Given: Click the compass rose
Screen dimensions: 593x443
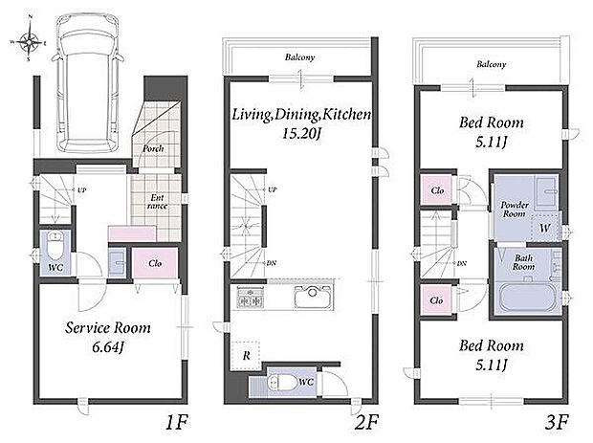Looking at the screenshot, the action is [29, 40].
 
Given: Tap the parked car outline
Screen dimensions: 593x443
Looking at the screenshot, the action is [87, 83].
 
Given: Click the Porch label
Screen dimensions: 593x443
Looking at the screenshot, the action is [154, 148].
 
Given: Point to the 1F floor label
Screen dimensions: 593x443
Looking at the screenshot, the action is [176, 422].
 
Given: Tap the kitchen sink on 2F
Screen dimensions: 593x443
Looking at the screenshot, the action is [314, 296].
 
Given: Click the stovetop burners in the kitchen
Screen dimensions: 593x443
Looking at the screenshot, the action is [250, 297].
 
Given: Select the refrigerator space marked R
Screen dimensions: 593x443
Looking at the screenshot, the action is [246, 356].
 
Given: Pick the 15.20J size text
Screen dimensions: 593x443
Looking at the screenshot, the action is [301, 134].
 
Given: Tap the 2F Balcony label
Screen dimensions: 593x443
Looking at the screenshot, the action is [300, 57].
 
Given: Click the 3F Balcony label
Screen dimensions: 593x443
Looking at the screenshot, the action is [492, 64].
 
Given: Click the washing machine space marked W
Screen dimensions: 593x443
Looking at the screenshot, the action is [544, 228].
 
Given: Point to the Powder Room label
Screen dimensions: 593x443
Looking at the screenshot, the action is [515, 210].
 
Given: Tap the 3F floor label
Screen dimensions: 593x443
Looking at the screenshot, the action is [557, 422].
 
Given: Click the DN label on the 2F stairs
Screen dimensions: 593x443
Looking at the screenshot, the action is [272, 263].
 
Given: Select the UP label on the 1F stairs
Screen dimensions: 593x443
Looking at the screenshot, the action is [81, 189].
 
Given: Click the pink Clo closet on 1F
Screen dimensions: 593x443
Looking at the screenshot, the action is [155, 263].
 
